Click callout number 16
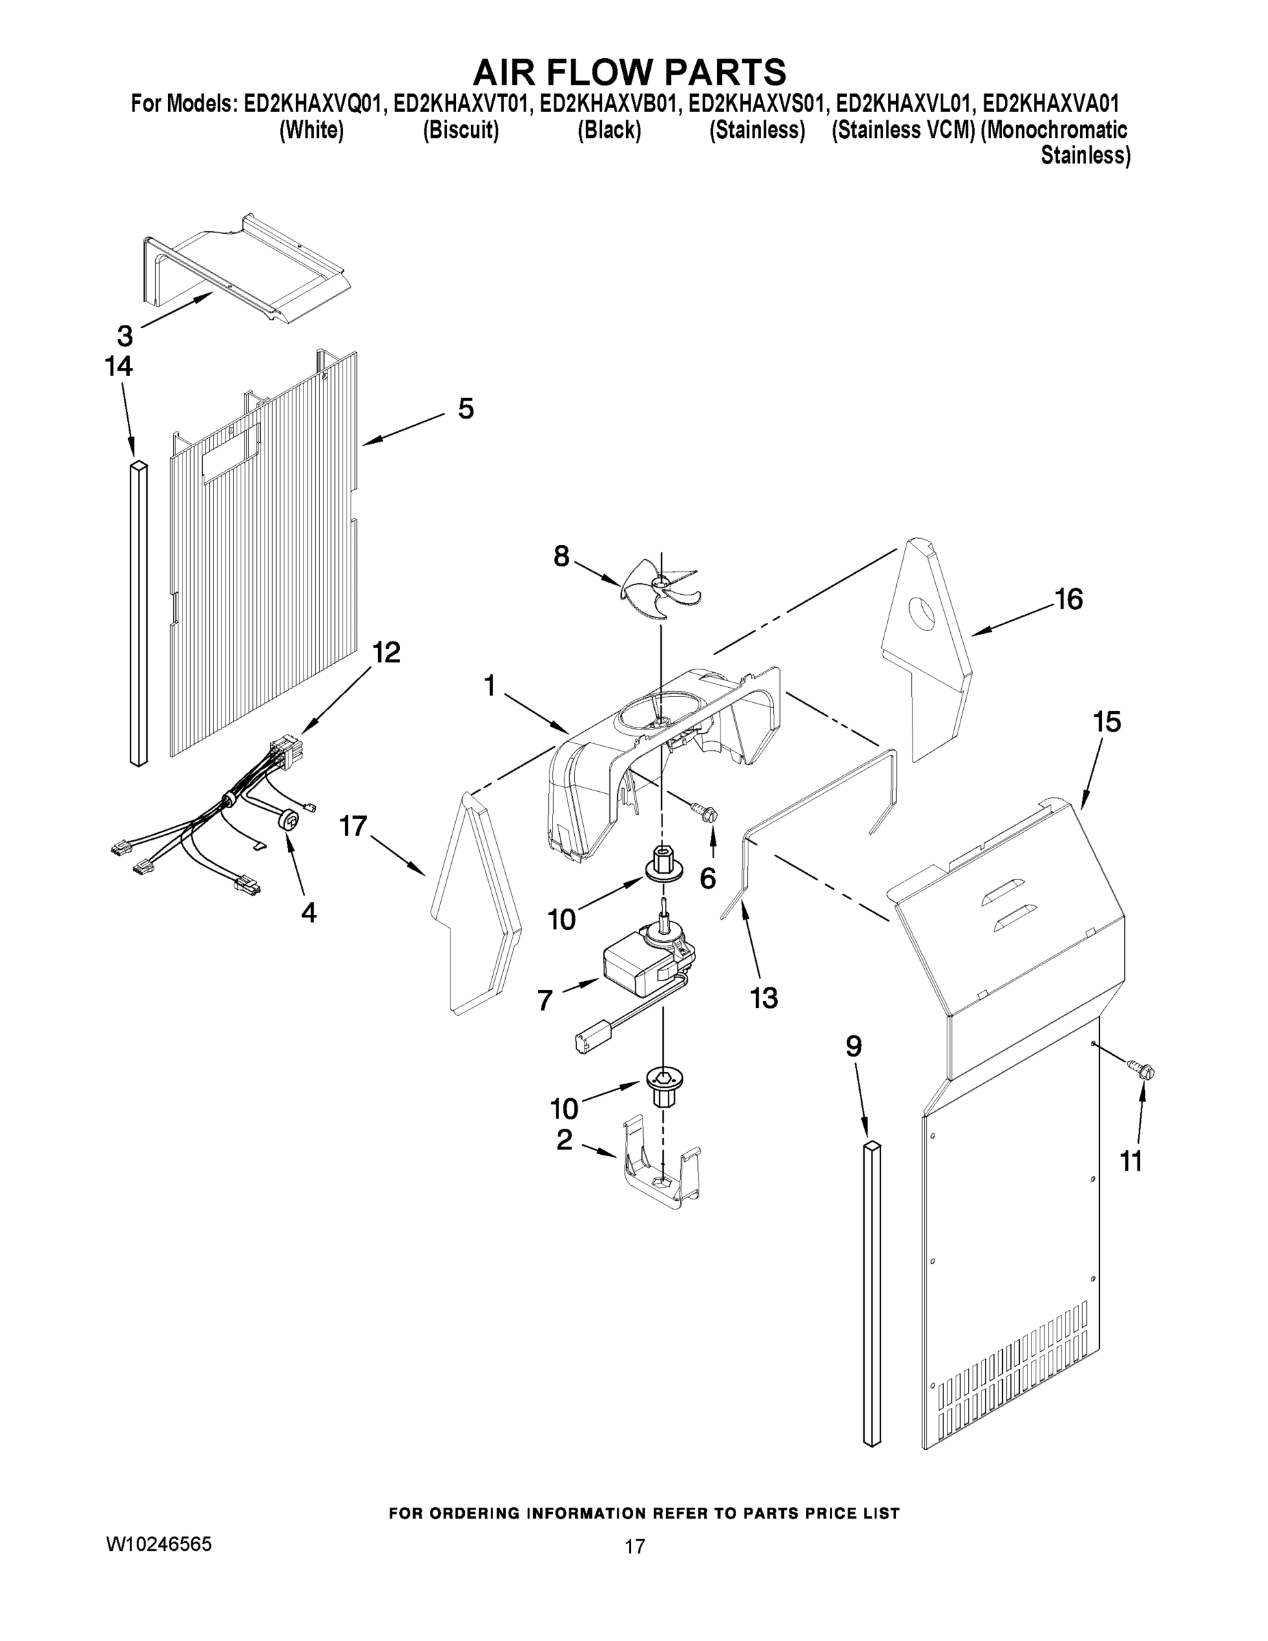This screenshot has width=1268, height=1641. (1068, 600)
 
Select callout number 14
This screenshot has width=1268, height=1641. (119, 366)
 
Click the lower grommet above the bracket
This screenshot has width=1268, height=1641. (662, 1086)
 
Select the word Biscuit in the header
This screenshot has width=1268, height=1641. (461, 130)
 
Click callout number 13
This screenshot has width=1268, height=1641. (764, 998)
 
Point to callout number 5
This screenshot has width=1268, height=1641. (466, 410)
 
